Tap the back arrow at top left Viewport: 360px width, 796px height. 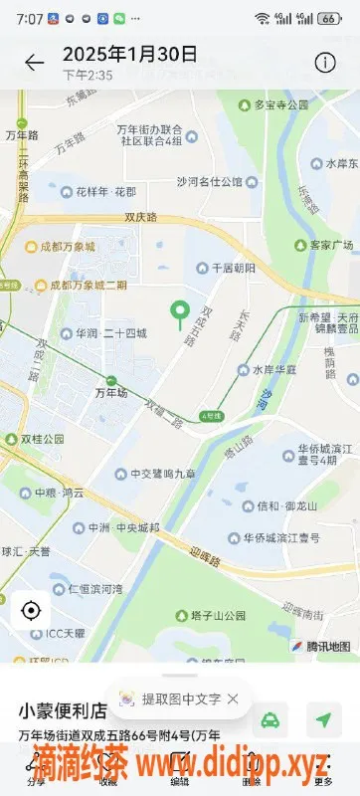35,63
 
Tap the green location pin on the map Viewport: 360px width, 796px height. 180,314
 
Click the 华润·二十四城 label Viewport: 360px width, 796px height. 103,333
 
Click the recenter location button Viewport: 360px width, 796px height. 30,609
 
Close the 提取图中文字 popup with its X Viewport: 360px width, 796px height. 233,698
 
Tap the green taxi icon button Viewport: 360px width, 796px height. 270,718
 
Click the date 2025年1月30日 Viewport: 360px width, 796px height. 129,54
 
